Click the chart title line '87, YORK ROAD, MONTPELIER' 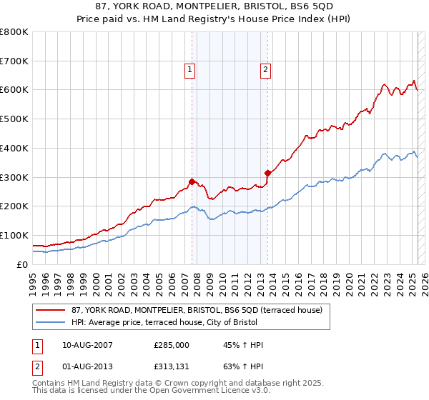tap(214, 6)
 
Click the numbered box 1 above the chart tap(189, 69)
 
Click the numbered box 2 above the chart tap(265, 69)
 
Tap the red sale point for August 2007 tap(192, 181)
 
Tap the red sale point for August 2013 tap(267, 172)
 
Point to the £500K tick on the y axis tap(14, 119)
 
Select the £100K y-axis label tap(14, 235)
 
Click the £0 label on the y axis tap(22, 264)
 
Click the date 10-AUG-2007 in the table tap(87, 344)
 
